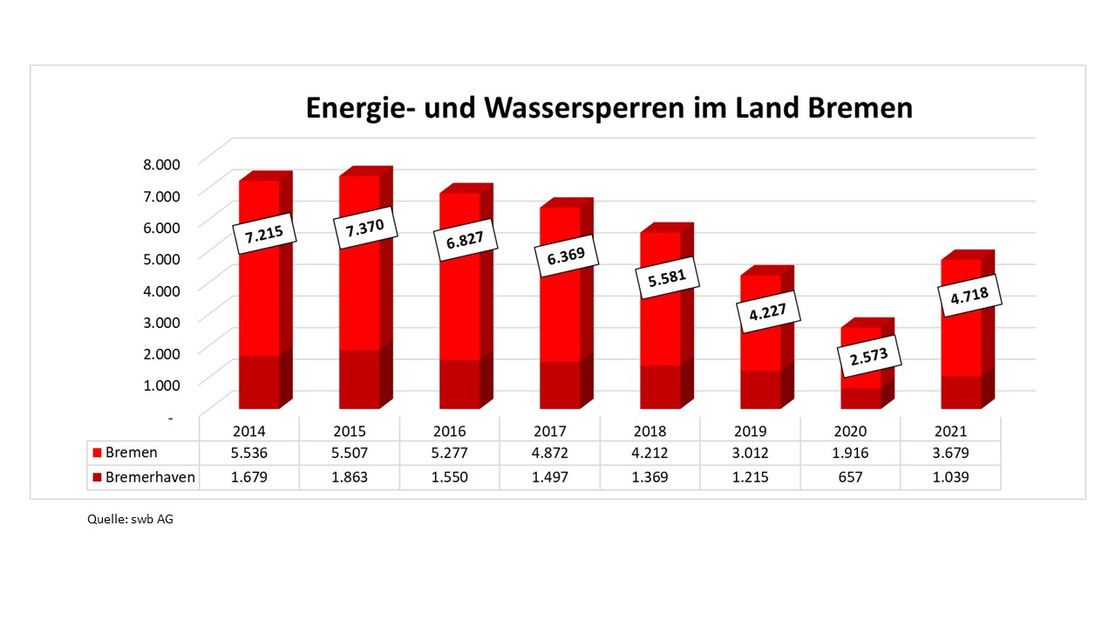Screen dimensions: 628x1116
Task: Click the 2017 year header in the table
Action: [550, 431]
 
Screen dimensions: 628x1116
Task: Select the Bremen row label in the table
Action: [131, 453]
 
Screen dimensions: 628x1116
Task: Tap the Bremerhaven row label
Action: [149, 477]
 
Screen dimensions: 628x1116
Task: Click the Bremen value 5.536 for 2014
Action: [249, 453]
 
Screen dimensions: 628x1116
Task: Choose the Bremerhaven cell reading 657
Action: [850, 477]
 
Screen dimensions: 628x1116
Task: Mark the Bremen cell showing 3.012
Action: [750, 453]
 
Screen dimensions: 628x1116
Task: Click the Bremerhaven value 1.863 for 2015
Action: [350, 477]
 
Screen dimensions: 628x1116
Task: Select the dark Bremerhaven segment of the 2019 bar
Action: [760, 389]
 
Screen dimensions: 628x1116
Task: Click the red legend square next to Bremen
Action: [98, 453]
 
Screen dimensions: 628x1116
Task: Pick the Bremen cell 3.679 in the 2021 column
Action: [950, 453]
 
